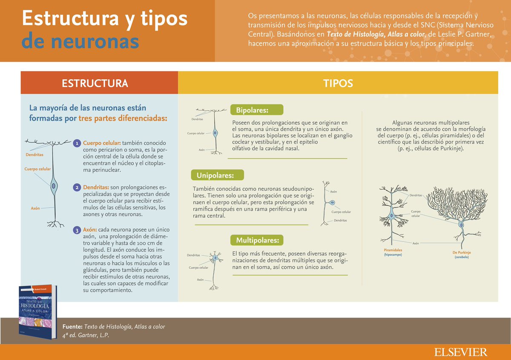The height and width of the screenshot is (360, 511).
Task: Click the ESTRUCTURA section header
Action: click(x=95, y=83)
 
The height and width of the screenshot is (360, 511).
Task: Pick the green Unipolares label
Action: click(x=215, y=175)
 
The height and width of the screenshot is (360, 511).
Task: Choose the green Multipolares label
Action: click(x=257, y=240)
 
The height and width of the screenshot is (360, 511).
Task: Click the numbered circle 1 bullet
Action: click(x=77, y=143)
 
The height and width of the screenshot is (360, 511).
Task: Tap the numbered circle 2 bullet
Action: click(x=77, y=187)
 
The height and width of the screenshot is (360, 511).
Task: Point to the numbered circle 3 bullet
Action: click(x=77, y=230)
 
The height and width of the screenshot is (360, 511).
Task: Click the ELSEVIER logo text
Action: click(x=461, y=352)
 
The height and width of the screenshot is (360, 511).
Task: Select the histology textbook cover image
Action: click(x=38, y=312)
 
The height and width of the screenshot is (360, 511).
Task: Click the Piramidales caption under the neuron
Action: click(x=393, y=250)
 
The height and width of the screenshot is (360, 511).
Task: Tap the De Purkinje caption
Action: click(x=462, y=253)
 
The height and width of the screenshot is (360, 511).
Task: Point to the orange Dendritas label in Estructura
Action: click(x=34, y=155)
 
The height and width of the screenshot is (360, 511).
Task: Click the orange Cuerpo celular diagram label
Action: click(x=37, y=169)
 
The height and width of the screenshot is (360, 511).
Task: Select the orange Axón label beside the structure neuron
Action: click(x=35, y=208)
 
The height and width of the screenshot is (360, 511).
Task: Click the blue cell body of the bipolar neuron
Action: click(x=215, y=133)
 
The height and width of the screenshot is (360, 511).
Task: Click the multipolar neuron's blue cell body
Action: click(x=216, y=258)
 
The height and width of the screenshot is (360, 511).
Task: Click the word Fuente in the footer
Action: click(x=72, y=327)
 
